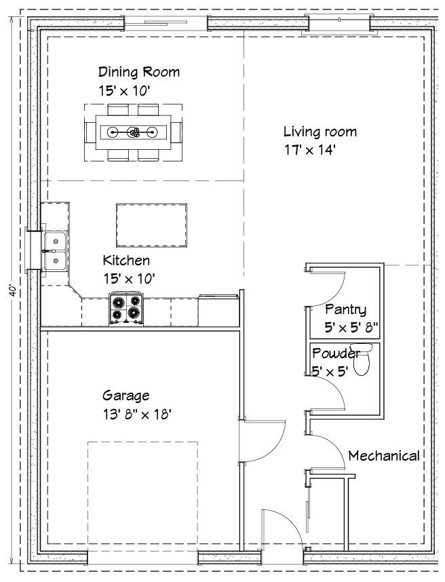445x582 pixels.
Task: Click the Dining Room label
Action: point(139,72)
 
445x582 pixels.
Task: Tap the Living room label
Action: point(320,132)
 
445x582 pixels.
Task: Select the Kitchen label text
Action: point(126,260)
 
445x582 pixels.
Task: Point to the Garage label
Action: point(125,395)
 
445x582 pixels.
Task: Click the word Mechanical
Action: point(384,455)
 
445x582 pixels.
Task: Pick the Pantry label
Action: point(345,309)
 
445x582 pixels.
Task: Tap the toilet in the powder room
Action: point(362,360)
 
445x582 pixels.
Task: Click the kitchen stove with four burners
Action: point(126,309)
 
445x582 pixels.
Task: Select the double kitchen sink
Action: point(56,251)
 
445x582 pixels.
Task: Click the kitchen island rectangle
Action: point(151,225)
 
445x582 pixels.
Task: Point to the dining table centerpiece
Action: point(133,132)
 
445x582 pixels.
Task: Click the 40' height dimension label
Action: point(13,290)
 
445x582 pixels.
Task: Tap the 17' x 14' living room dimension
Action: point(310,150)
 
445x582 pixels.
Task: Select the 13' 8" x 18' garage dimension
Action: point(137,414)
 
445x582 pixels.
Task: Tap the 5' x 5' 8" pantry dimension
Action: point(351,328)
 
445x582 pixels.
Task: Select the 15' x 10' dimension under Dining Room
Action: point(124,91)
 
